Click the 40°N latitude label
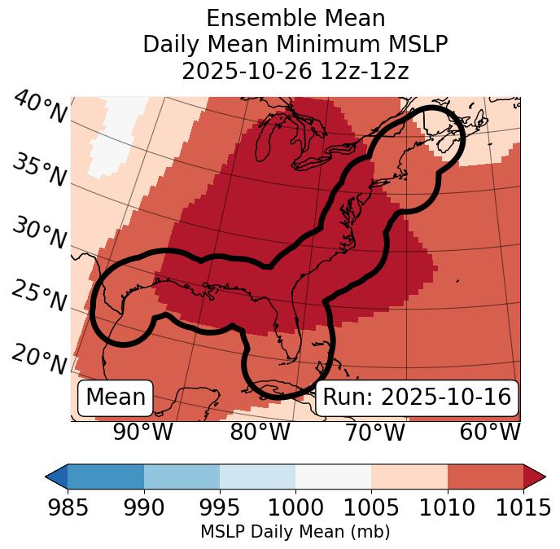tap(40, 108)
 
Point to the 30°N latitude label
tap(39, 233)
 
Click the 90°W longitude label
tap(143, 432)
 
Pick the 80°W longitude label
tap(260, 432)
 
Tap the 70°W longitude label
tap(374, 432)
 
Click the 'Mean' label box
tap(116, 397)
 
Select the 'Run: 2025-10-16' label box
tap(417, 397)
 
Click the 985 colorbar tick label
tap(68, 508)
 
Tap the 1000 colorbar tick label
tap(295, 508)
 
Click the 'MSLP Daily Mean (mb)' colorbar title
tap(295, 532)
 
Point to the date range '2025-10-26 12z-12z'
tap(295, 71)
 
